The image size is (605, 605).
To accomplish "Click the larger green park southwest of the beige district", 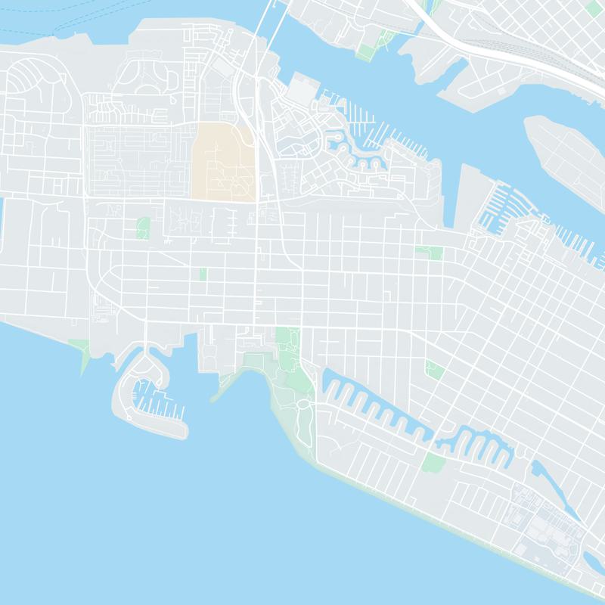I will click(x=143, y=228).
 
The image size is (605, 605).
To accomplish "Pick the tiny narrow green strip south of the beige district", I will click(x=203, y=274).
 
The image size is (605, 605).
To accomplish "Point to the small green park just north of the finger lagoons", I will click(x=434, y=369).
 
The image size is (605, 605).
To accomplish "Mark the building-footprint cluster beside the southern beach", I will click(x=544, y=522).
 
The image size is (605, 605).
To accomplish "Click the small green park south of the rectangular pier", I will click(x=433, y=252).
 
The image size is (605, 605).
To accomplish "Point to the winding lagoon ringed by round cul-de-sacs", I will click(x=355, y=151).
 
